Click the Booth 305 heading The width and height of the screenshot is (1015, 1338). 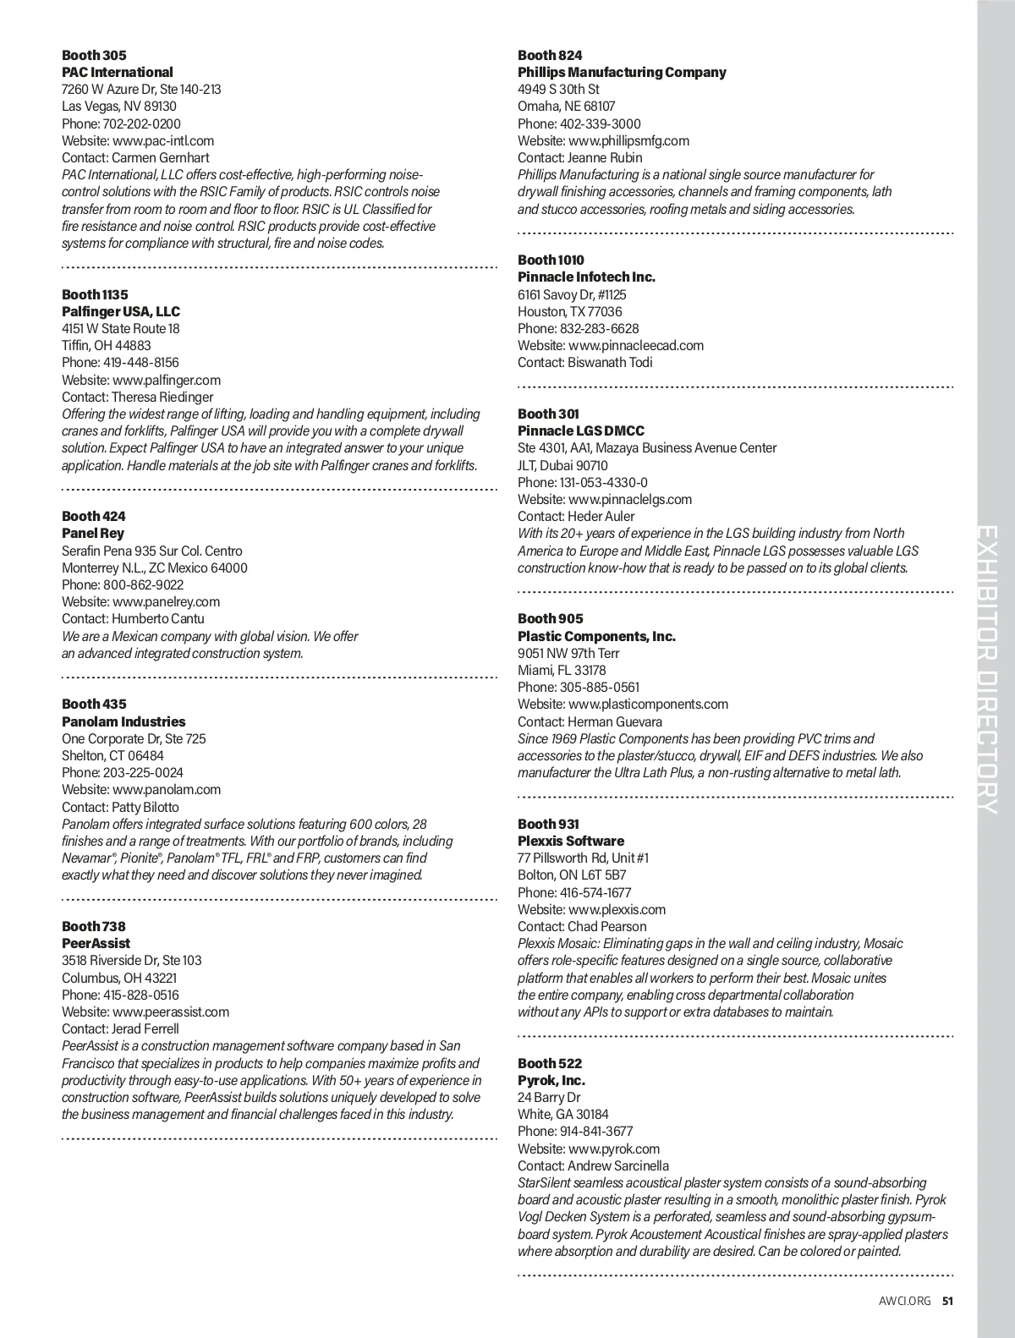tap(94, 55)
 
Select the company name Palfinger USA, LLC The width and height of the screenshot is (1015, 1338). tap(121, 311)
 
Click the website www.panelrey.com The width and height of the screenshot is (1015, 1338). tap(166, 601)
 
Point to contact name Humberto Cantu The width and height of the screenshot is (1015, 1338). tap(158, 618)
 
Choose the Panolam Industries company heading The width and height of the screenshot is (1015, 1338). tap(123, 721)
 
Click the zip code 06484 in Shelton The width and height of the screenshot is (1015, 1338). tap(145, 755)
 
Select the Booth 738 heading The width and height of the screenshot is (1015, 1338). tap(93, 926)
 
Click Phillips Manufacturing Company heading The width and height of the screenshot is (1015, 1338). tap(622, 72)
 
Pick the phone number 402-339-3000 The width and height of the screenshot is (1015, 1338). tap(601, 123)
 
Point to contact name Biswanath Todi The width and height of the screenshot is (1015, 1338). tap(610, 362)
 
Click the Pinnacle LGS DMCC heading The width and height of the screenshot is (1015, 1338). tap(581, 430)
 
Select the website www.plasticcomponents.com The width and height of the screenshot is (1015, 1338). tap(648, 704)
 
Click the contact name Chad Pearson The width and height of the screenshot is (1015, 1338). tap(607, 926)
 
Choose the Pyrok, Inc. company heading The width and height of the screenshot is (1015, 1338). tap(551, 1080)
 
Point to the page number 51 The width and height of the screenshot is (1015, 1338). tap(947, 1301)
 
